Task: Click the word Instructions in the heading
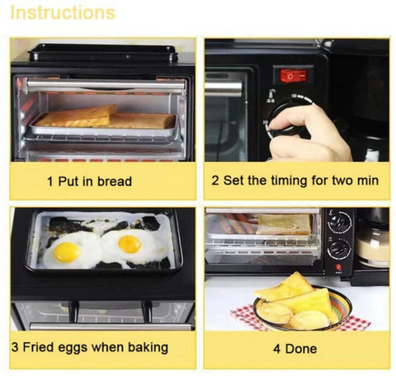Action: (x=63, y=12)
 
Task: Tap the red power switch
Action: (x=293, y=76)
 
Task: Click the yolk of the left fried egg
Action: (x=66, y=252)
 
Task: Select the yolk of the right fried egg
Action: (x=130, y=244)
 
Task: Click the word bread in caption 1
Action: (x=115, y=181)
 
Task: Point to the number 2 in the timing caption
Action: (x=215, y=181)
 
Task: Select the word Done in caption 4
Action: (x=301, y=349)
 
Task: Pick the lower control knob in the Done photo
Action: (x=339, y=249)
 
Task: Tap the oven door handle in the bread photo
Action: (x=106, y=86)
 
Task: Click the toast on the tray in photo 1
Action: (x=106, y=118)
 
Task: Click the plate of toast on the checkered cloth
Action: (x=302, y=304)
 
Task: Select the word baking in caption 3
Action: (x=148, y=347)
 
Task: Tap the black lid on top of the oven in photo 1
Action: (x=103, y=53)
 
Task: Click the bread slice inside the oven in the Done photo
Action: (x=285, y=224)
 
